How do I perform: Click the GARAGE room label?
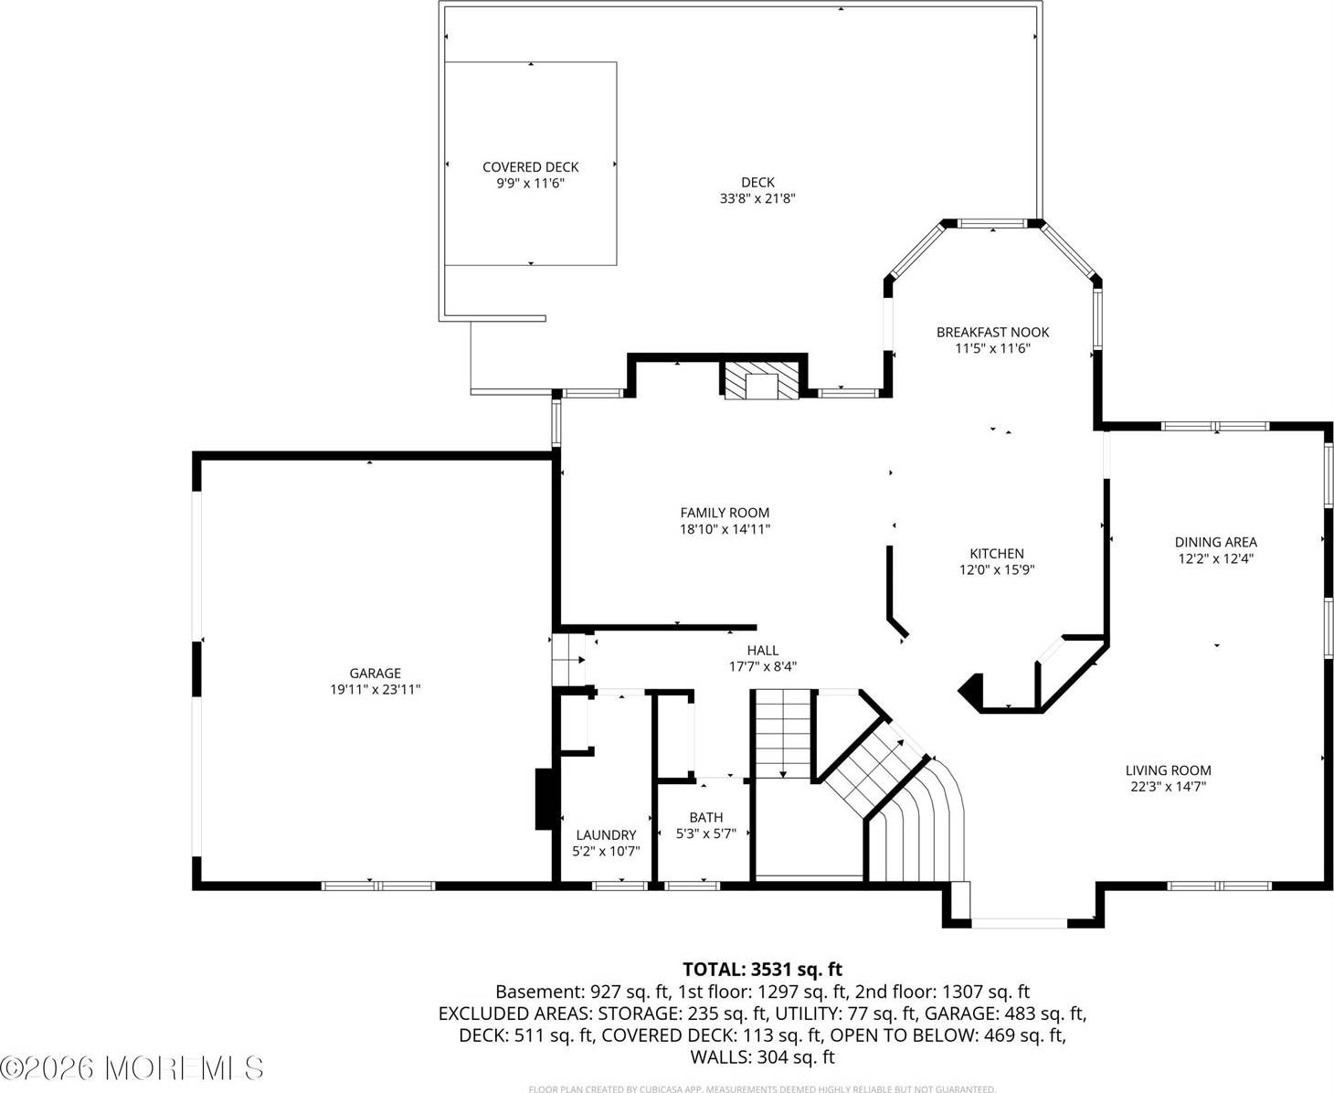tap(375, 674)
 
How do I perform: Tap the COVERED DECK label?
tap(530, 166)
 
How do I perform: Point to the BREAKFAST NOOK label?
tap(992, 332)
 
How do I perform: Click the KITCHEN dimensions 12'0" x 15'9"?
tap(996, 569)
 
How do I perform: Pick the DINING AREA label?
tap(1215, 542)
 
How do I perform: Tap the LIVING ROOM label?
tap(1168, 770)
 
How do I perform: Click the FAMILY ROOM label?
tap(725, 513)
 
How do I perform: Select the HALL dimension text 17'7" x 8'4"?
tap(762, 666)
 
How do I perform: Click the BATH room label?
tap(705, 817)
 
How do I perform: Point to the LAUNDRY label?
tap(606, 834)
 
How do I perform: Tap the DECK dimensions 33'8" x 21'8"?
tap(757, 198)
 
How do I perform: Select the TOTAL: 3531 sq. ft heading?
tap(762, 969)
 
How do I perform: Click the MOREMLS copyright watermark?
tap(132, 1067)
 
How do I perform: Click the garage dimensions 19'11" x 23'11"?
tap(375, 690)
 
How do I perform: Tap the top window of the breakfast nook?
tap(991, 223)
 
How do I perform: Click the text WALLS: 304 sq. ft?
tap(762, 1057)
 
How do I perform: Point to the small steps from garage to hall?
tap(568, 658)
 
